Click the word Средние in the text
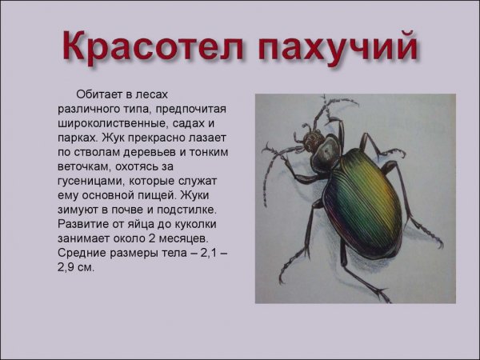point(84,253)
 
